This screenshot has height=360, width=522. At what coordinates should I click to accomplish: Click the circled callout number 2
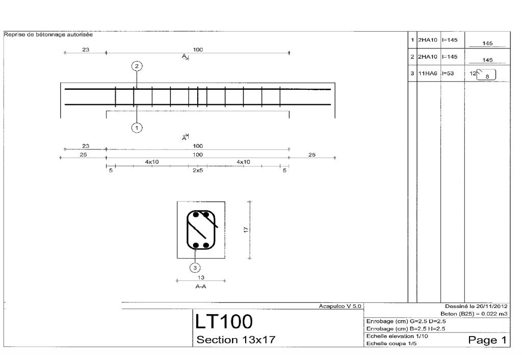[x=137, y=66]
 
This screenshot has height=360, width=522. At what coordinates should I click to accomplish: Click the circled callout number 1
[x=137, y=127]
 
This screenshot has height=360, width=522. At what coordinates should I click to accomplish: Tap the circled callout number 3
[x=195, y=268]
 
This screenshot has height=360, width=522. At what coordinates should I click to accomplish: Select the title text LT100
[x=224, y=321]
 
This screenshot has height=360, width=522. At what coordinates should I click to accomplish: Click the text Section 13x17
[x=236, y=340]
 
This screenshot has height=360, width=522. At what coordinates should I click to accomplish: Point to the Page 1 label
[x=487, y=340]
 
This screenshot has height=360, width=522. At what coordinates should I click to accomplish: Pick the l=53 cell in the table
[x=448, y=73]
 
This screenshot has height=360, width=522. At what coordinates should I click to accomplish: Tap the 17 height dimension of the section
[x=246, y=229]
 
